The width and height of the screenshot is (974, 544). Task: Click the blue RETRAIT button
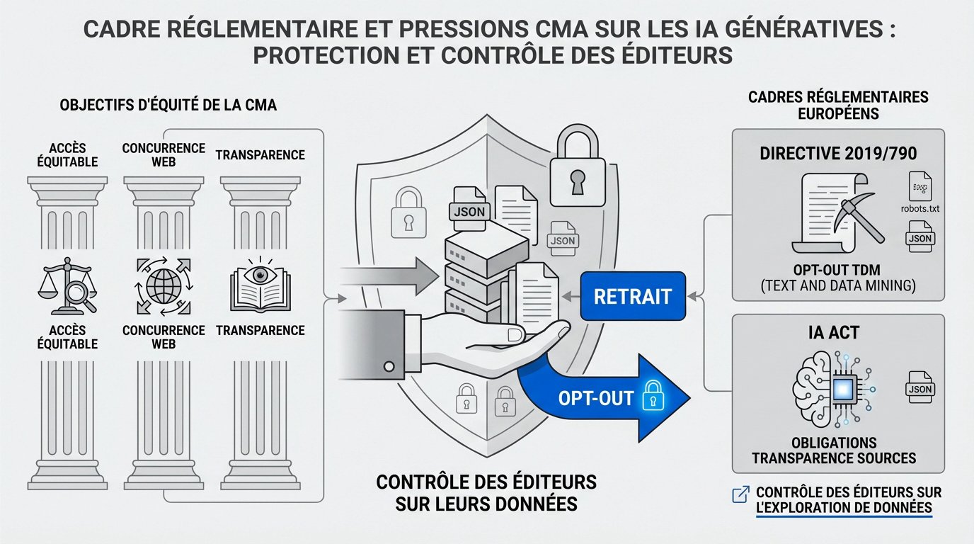[x=632, y=296]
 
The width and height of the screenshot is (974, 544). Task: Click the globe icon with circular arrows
[x=164, y=285]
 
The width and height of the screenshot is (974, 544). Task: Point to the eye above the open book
[x=260, y=273]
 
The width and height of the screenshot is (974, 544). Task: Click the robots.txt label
[x=920, y=209]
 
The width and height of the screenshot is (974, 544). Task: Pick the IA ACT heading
[x=834, y=333]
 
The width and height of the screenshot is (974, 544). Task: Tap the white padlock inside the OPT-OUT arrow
[x=650, y=398]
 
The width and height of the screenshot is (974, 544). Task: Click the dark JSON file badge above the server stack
[x=468, y=210]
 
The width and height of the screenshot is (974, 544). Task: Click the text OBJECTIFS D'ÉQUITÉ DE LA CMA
[x=168, y=106]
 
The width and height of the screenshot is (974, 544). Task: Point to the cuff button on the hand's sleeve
[x=388, y=366]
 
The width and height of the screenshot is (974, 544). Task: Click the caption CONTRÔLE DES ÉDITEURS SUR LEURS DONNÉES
[x=486, y=493]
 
